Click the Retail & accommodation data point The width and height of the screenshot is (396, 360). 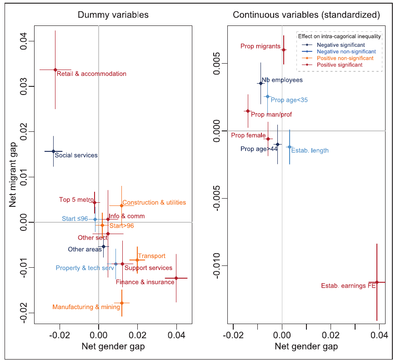(x=55, y=70)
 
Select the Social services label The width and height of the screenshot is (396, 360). (x=76, y=155)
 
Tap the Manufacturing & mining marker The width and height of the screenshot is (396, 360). (x=121, y=303)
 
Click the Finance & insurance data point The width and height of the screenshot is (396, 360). (x=176, y=278)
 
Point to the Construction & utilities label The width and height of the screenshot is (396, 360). (x=154, y=203)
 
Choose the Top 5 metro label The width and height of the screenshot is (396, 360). (x=75, y=200)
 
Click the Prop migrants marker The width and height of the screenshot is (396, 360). (x=283, y=50)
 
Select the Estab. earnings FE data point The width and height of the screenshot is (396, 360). (x=377, y=282)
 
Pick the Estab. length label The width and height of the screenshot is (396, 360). (x=310, y=150)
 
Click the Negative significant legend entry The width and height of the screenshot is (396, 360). (x=340, y=45)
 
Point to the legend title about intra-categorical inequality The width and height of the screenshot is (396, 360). (x=339, y=36)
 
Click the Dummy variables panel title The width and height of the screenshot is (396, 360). (x=113, y=15)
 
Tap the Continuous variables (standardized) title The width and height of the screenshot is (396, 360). (x=306, y=15)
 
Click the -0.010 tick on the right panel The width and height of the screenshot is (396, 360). (x=218, y=265)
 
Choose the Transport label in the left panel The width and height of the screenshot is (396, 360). (x=151, y=256)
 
